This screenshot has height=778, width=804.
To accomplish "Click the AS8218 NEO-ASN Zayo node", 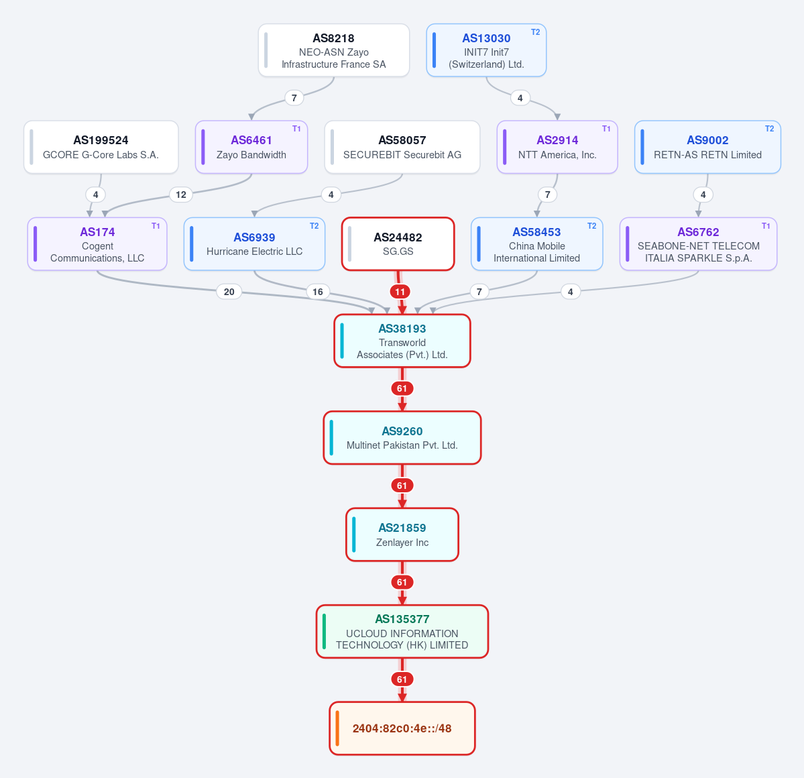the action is [334, 50].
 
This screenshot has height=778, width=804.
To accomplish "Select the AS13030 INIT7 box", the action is [486, 50].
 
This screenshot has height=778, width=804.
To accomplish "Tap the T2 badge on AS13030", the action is [535, 32].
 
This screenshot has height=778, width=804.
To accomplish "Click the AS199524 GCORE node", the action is [101, 147].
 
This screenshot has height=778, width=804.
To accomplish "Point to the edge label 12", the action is [181, 195].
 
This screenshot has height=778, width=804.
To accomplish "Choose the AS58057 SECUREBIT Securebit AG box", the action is [402, 147].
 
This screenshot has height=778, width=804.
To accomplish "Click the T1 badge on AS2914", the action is [606, 129].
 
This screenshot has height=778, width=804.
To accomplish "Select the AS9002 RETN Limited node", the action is [707, 147].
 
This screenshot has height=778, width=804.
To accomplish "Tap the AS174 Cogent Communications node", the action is [97, 244].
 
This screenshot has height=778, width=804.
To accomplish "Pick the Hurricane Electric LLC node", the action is [254, 244].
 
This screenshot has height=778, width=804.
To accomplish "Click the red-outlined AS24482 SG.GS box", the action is [398, 244].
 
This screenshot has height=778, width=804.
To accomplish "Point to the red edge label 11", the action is [400, 292].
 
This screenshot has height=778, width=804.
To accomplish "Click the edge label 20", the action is [229, 292].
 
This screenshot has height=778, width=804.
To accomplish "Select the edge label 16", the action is [318, 292].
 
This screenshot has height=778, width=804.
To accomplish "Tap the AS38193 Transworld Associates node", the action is [402, 341].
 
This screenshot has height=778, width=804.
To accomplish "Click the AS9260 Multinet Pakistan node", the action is [402, 438].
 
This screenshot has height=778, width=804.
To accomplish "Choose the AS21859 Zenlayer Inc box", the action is [402, 535].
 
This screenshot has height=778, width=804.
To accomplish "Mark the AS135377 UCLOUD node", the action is [402, 632].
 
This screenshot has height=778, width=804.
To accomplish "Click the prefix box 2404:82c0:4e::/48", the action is [402, 729].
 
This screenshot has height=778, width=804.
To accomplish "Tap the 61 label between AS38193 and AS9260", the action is [402, 389].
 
